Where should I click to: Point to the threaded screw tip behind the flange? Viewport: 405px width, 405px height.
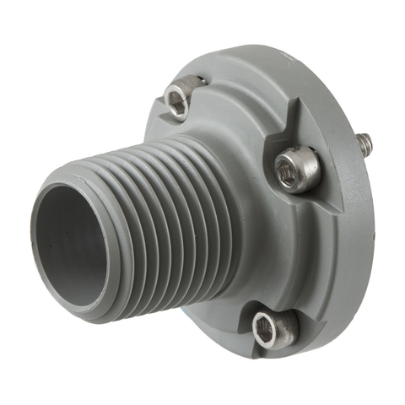[x=364, y=146]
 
